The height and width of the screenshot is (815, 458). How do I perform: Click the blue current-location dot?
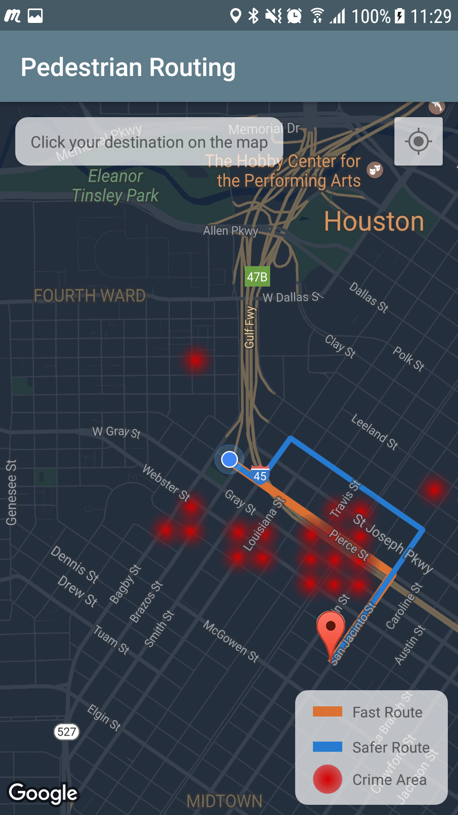pyautogui.click(x=229, y=459)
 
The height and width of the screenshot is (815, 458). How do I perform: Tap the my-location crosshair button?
pyautogui.click(x=418, y=141)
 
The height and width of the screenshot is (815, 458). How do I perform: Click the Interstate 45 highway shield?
pyautogui.click(x=260, y=475)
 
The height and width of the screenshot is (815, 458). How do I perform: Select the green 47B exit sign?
pyautogui.click(x=257, y=277)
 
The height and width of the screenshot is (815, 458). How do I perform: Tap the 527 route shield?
pyautogui.click(x=67, y=731)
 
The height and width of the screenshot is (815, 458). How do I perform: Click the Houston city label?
pyautogui.click(x=374, y=222)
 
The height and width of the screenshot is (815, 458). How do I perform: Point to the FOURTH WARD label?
pyautogui.click(x=89, y=296)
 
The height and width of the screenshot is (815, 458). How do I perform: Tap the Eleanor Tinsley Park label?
pyautogui.click(x=115, y=186)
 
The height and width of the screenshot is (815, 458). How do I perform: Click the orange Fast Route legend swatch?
pyautogui.click(x=327, y=711)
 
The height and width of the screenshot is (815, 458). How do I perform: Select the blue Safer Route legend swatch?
pyautogui.click(x=327, y=747)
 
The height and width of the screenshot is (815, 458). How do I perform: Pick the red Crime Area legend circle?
pyautogui.click(x=327, y=779)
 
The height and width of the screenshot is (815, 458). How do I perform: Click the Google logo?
pyautogui.click(x=43, y=793)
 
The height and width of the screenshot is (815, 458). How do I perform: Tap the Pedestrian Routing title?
pyautogui.click(x=128, y=67)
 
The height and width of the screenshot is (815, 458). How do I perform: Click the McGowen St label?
pyautogui.click(x=231, y=641)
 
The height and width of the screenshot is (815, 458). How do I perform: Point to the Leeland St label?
pyautogui.click(x=374, y=431)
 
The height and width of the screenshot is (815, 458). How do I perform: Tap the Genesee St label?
pyautogui.click(x=11, y=492)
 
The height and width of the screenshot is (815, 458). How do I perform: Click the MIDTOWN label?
pyautogui.click(x=224, y=801)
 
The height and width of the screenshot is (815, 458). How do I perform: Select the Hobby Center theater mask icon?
pyautogui.click(x=375, y=170)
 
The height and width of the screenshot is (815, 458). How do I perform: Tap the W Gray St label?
pyautogui.click(x=116, y=432)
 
